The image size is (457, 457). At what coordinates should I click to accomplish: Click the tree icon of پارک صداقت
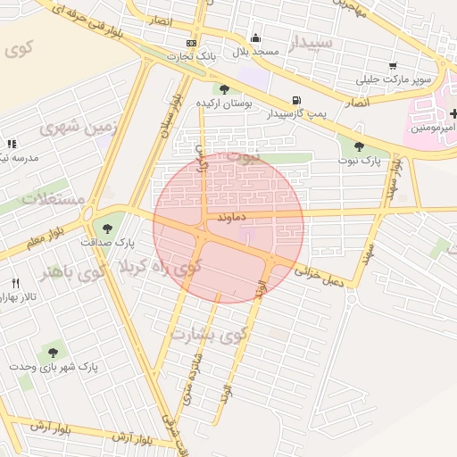107,228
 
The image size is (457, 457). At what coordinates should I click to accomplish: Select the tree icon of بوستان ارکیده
223,89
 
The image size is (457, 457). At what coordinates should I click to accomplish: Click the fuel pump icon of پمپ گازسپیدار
295,101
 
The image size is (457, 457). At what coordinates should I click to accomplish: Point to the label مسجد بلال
256,52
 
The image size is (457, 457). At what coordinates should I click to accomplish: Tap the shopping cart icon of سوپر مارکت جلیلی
393,65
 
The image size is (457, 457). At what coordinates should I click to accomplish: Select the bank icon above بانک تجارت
192,43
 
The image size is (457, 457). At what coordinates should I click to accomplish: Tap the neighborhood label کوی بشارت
206,335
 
